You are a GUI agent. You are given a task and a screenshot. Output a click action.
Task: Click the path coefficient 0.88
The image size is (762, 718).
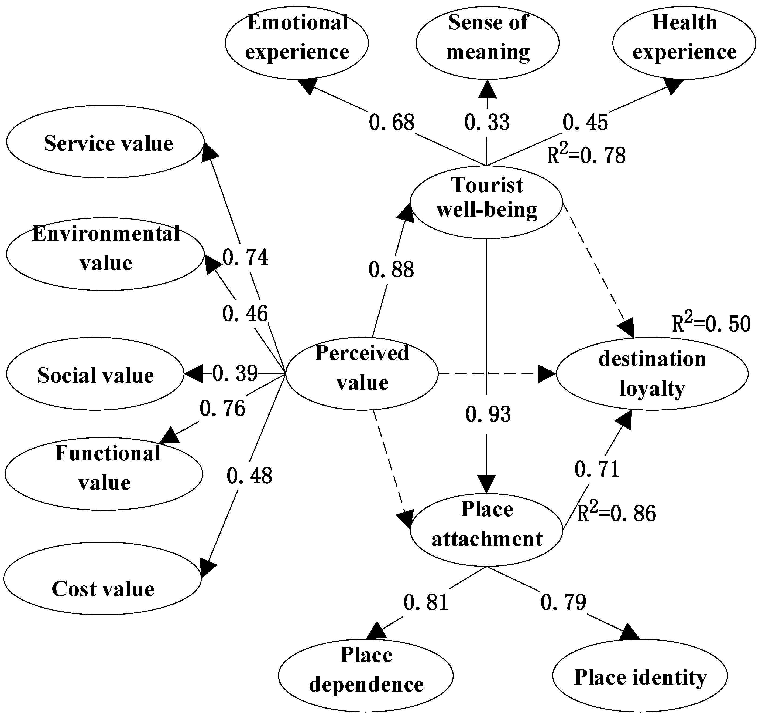(x=391, y=270)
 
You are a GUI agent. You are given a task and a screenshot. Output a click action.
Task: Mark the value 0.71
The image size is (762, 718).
(x=597, y=469)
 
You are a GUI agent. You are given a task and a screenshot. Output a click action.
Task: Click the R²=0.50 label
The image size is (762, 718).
(x=711, y=323)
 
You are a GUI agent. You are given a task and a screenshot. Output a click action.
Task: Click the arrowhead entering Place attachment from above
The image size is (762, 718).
(x=486, y=484)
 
